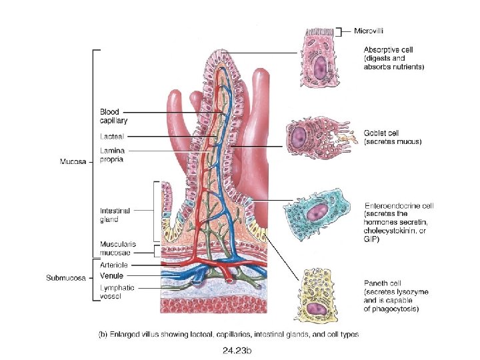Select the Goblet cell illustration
point(313,137)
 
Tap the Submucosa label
point(65,277)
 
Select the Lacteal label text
point(111,136)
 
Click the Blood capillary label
point(113,116)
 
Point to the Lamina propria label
point(112,155)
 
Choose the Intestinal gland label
point(115,215)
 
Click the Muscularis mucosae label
point(118,249)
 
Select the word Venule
point(111,275)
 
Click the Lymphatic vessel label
point(117,291)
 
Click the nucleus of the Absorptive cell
point(321,67)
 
